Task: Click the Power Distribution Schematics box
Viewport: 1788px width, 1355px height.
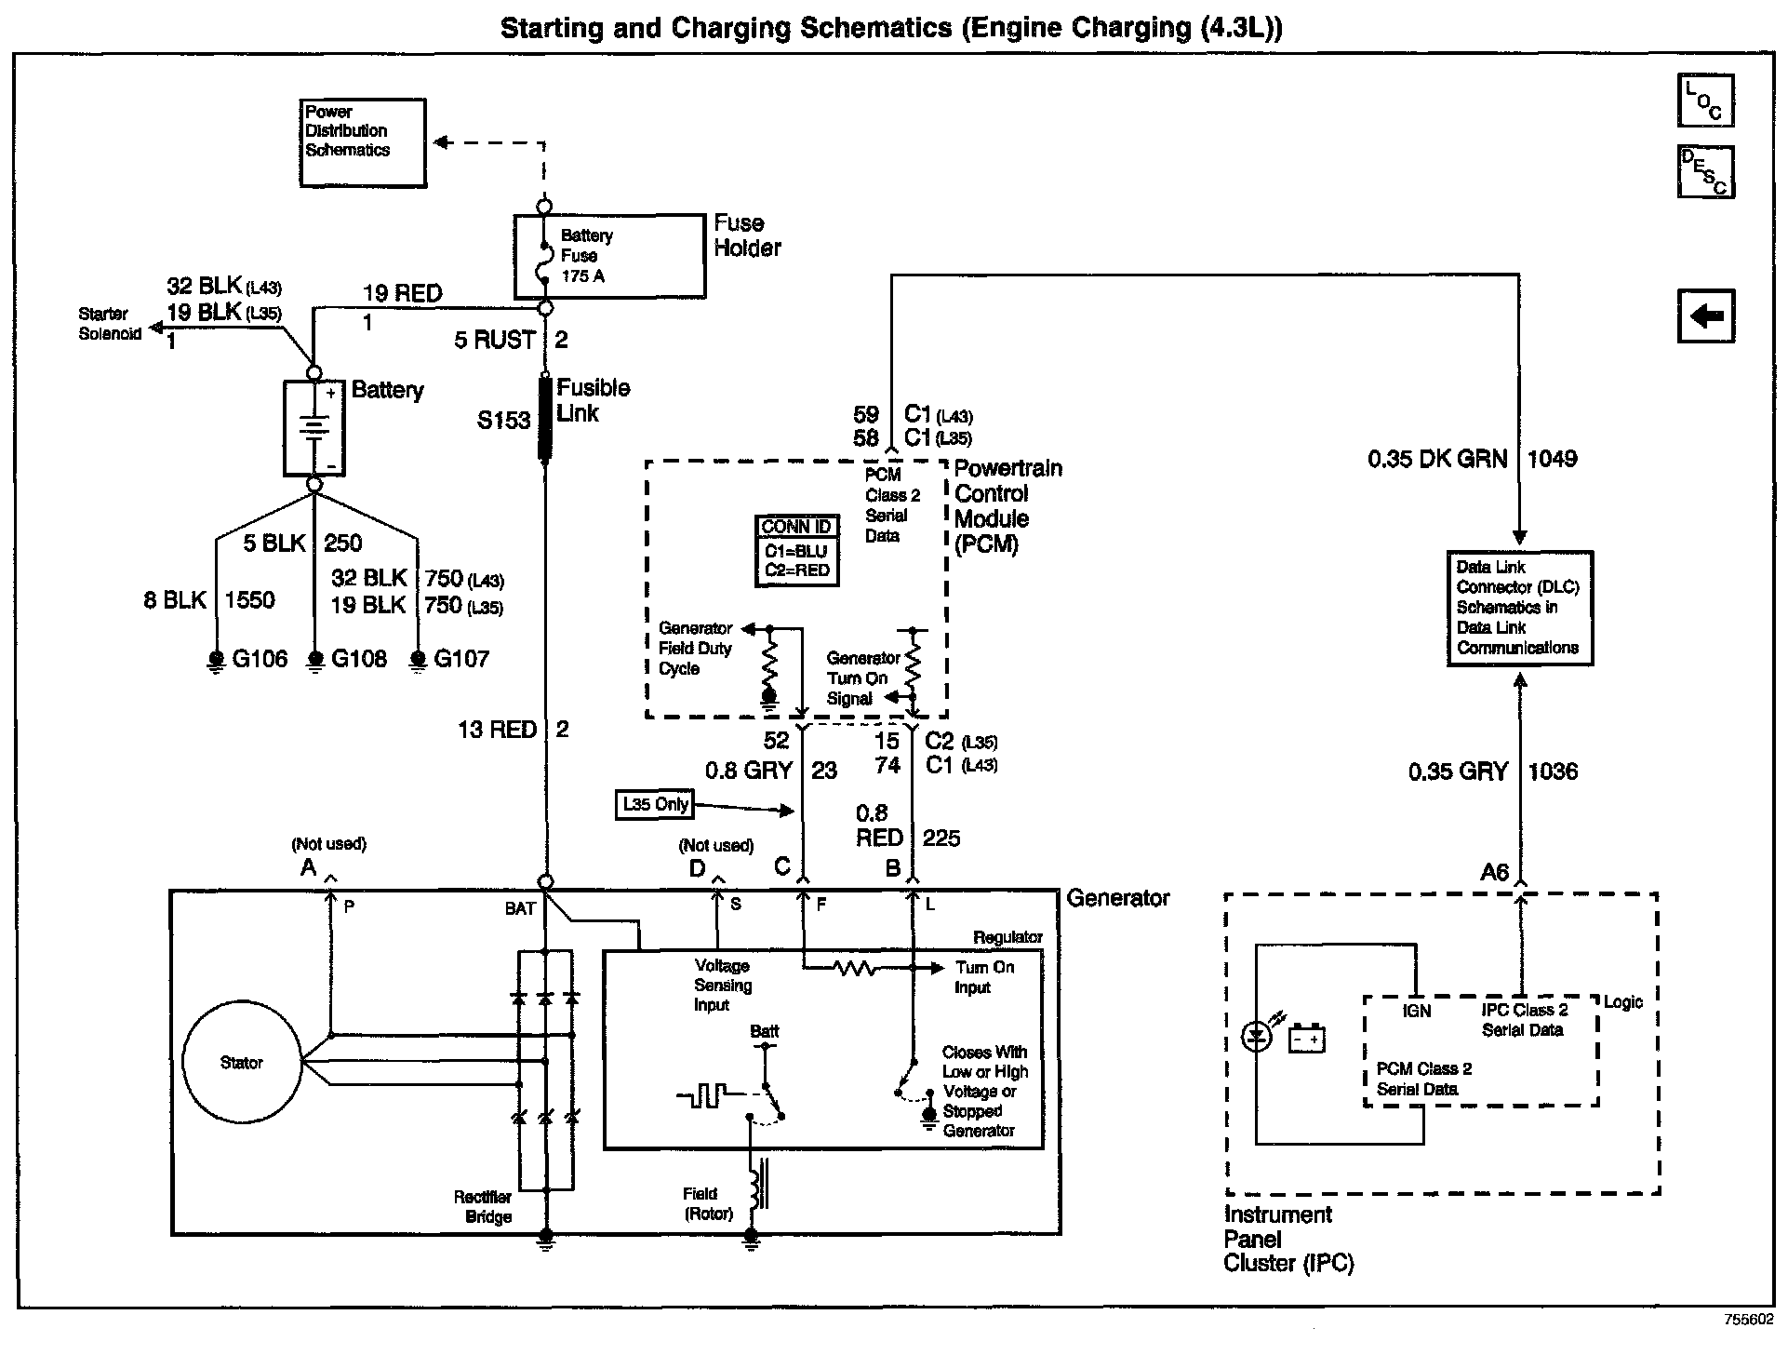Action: [363, 142]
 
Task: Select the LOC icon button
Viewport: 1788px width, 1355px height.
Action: [1705, 101]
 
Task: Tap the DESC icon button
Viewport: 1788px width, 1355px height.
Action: [1705, 172]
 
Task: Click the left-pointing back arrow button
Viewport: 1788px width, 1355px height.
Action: [1705, 316]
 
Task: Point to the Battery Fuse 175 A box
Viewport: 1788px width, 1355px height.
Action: [609, 256]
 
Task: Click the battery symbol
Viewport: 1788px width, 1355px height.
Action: [314, 427]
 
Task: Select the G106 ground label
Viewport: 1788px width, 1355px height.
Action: [259, 659]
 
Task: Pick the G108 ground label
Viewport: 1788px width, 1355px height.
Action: [358, 659]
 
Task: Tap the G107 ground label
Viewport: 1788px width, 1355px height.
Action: [460, 659]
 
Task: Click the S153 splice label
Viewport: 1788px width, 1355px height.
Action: [503, 421]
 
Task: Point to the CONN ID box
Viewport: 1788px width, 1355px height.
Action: [796, 550]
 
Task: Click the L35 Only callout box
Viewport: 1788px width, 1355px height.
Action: [656, 805]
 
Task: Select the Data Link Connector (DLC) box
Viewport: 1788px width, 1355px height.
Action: [1519, 608]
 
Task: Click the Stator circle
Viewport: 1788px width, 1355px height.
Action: [242, 1062]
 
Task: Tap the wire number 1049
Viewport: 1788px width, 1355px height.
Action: [1552, 459]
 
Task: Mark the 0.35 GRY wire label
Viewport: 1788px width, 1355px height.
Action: [1457, 771]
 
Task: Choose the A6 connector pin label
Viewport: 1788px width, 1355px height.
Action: [1494, 872]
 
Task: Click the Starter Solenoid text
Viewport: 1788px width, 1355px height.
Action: [109, 324]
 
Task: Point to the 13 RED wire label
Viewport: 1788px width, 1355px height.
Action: [497, 730]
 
